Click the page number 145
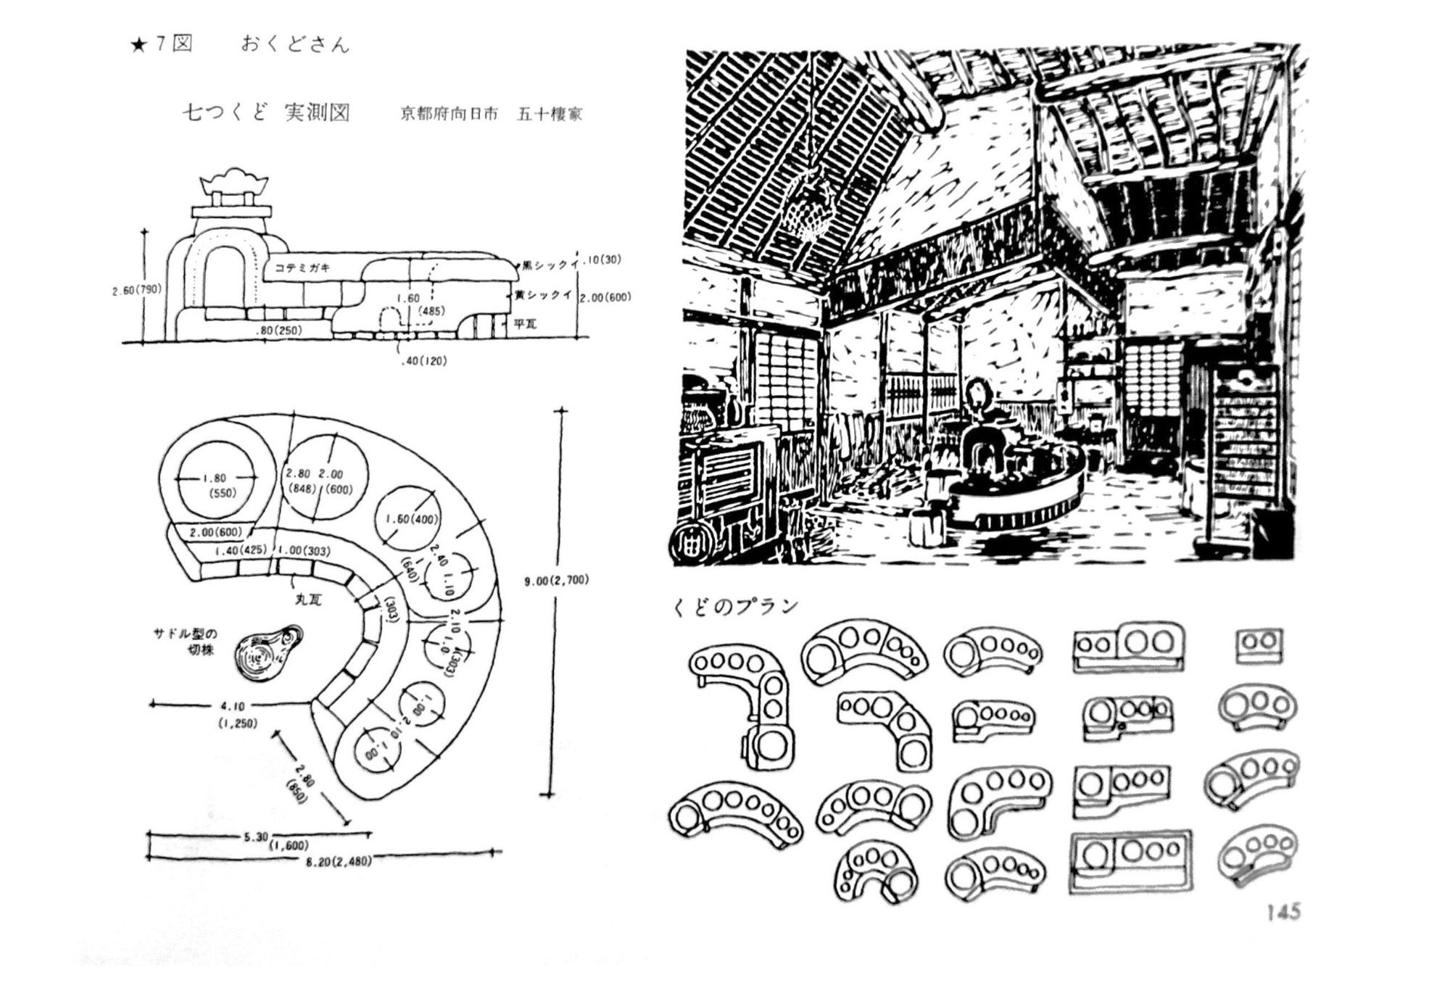(1283, 911)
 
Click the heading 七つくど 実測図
(266, 113)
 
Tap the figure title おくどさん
(295, 45)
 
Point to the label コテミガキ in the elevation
(302, 267)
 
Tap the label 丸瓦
(308, 600)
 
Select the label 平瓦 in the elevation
(525, 323)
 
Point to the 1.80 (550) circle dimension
(216, 485)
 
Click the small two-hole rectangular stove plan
(1259, 644)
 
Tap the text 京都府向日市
(449, 114)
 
